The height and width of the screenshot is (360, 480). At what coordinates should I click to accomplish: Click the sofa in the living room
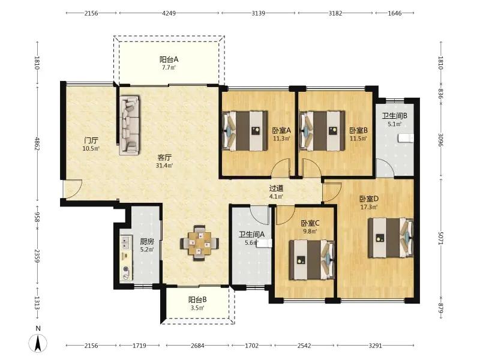[129, 125]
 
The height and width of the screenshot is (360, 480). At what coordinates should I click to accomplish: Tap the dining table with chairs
[200, 243]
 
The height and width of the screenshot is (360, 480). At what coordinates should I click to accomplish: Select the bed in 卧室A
[245, 131]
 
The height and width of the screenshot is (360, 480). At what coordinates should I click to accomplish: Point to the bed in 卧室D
[391, 238]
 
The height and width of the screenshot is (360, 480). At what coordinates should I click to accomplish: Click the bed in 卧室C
[312, 260]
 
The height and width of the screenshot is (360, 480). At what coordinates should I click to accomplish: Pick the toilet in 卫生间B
[406, 138]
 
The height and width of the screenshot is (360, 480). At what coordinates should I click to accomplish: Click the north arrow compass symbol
[38, 343]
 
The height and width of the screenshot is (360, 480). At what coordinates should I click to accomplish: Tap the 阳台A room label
[169, 59]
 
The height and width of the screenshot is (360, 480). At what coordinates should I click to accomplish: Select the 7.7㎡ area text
[169, 67]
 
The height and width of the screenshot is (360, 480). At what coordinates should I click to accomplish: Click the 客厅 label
[164, 158]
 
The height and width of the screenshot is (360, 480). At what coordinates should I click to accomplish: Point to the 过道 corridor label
[276, 188]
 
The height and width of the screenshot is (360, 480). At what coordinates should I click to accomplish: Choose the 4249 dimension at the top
[169, 13]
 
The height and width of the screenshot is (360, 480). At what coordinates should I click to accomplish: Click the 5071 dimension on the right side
[440, 238]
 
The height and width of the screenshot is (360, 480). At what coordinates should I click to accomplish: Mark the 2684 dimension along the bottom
[197, 346]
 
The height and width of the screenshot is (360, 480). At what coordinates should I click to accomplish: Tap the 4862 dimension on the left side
[37, 144]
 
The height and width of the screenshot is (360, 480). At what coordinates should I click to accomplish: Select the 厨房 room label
[147, 242]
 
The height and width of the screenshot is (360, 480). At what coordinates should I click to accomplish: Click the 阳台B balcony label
[197, 299]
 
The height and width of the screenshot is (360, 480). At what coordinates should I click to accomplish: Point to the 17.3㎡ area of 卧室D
[369, 207]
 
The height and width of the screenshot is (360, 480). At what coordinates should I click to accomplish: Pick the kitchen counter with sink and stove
[126, 258]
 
